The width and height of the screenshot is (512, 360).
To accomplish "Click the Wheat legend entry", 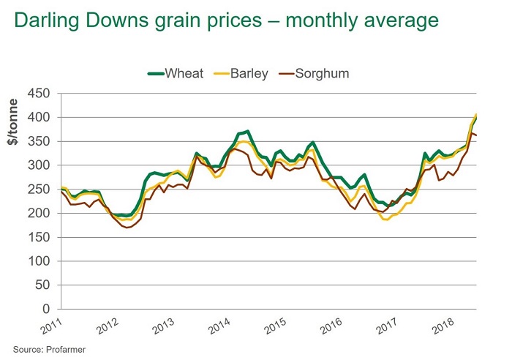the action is click(176, 73).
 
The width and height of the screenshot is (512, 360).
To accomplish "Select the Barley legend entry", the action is click(241, 73).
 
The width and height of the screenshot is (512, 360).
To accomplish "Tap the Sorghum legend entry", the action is click(314, 73).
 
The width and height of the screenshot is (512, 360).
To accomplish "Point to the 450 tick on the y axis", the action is click(39, 93).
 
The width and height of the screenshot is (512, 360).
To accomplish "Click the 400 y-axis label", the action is click(39, 117).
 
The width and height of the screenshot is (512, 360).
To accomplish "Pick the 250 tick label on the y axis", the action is click(39, 190).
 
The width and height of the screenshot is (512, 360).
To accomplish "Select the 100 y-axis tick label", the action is click(39, 261).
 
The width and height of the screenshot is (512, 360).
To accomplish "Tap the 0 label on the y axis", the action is click(46, 309).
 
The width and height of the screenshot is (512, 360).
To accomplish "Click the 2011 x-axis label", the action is click(51, 326).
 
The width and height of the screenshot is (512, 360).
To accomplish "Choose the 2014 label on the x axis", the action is click(219, 326).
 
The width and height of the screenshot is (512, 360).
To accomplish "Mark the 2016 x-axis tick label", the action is click(331, 326).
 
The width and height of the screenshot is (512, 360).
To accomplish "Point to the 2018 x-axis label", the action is click(443, 326).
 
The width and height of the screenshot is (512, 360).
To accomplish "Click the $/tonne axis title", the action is click(12, 122).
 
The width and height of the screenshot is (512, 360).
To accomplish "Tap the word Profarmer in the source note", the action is click(66, 350).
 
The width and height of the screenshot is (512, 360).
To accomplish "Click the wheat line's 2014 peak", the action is click(248, 131).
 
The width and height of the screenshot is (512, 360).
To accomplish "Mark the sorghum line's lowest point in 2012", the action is click(127, 228).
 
